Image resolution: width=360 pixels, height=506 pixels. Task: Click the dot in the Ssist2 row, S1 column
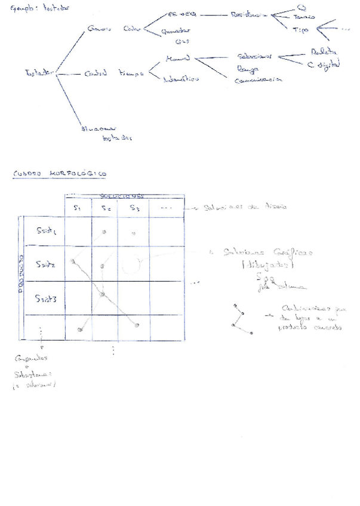72,261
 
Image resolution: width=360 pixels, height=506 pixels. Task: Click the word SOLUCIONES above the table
122,196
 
